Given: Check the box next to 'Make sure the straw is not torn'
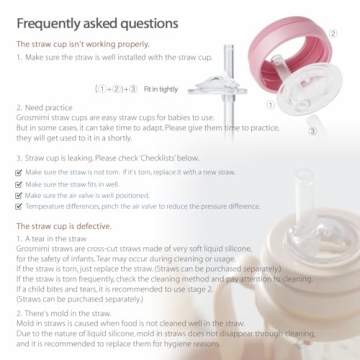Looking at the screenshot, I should click(x=21, y=172).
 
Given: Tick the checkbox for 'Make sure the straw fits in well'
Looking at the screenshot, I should click(x=21, y=184).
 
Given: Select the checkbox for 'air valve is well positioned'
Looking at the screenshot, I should click(x=21, y=195).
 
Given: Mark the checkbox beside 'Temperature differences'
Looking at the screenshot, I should click(x=21, y=206).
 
